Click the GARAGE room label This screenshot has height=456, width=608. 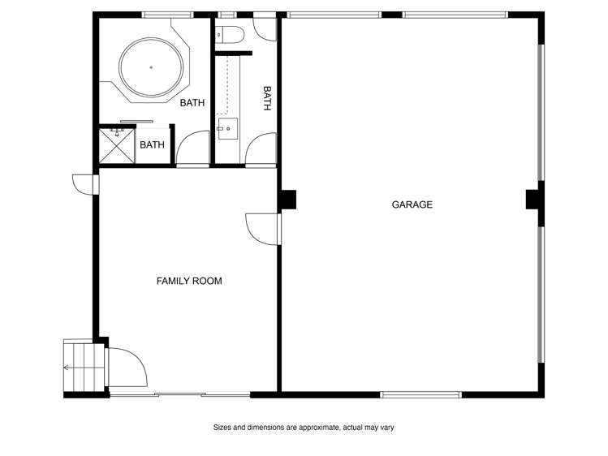point(412,204)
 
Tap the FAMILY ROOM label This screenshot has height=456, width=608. point(189,281)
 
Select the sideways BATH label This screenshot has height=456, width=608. point(267,98)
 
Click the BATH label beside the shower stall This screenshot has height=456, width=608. point(152,145)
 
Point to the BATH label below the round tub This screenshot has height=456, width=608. point(192,103)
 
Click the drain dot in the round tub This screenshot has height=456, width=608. point(151,67)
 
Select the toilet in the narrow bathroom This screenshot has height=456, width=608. point(229,34)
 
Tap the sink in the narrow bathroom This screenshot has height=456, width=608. point(227,129)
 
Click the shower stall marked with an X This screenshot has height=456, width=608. point(117,146)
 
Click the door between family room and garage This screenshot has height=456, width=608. point(263,230)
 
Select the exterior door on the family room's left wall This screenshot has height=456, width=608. point(85,184)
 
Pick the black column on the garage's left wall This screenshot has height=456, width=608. point(288,200)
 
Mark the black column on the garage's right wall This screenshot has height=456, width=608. point(533,199)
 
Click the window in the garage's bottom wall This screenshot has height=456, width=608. point(420,395)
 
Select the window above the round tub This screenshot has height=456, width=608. point(167,15)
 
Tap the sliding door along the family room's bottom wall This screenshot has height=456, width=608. point(180,395)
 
